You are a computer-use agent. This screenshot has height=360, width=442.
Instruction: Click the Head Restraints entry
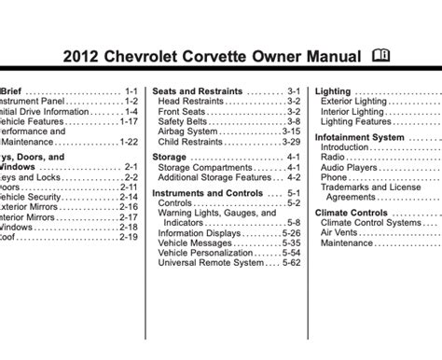191,102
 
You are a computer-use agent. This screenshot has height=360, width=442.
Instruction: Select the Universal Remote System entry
210,264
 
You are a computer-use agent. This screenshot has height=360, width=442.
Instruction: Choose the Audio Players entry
351,167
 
